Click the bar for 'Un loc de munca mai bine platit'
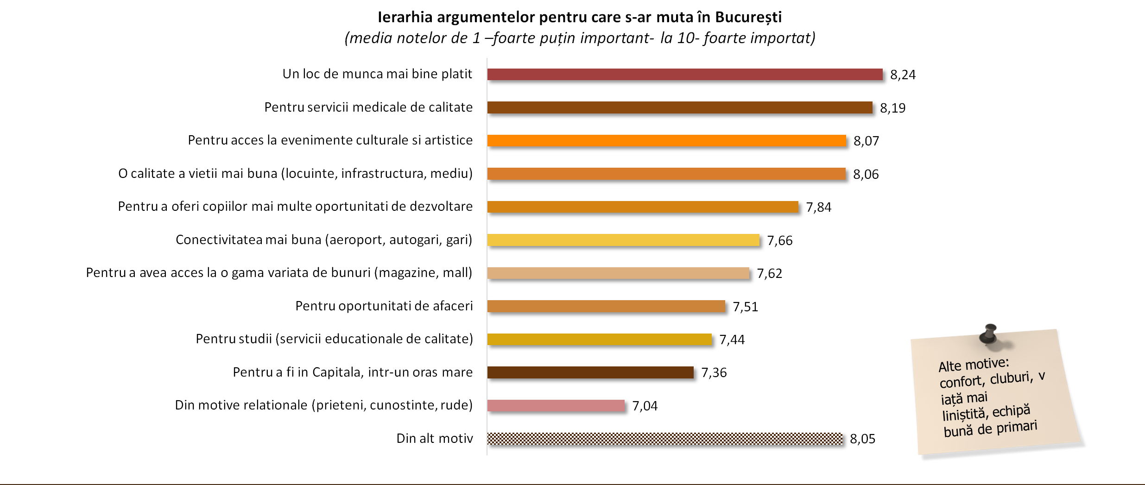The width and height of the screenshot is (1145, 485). click(x=684, y=74)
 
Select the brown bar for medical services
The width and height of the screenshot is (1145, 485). click(x=679, y=107)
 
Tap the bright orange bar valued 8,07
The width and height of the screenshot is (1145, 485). click(x=666, y=140)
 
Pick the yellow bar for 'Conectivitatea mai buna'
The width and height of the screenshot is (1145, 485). click(x=623, y=240)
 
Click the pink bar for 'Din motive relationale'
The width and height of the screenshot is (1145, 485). click(x=556, y=405)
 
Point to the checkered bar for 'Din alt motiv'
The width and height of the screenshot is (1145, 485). click(x=665, y=439)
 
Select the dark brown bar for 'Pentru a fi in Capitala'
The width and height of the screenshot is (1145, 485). click(x=590, y=372)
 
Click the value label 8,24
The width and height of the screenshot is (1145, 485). click(x=903, y=75)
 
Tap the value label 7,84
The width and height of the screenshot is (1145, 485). click(x=818, y=207)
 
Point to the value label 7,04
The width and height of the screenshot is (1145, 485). click(x=645, y=406)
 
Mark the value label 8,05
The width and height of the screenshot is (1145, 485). click(x=862, y=439)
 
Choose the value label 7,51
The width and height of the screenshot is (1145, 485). click(x=745, y=307)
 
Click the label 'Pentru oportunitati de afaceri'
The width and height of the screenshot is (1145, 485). click(x=384, y=306)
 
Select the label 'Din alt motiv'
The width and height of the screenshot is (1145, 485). click(x=434, y=438)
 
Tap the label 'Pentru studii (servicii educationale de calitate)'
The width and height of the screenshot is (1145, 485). click(x=334, y=339)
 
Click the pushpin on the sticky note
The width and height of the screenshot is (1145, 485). click(x=989, y=333)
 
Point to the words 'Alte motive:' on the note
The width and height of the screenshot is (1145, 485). click(x=974, y=364)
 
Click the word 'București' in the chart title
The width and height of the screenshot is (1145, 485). click(x=748, y=17)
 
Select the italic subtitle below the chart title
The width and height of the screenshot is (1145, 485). click(x=580, y=38)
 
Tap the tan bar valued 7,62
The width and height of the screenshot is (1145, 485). click(x=618, y=273)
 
